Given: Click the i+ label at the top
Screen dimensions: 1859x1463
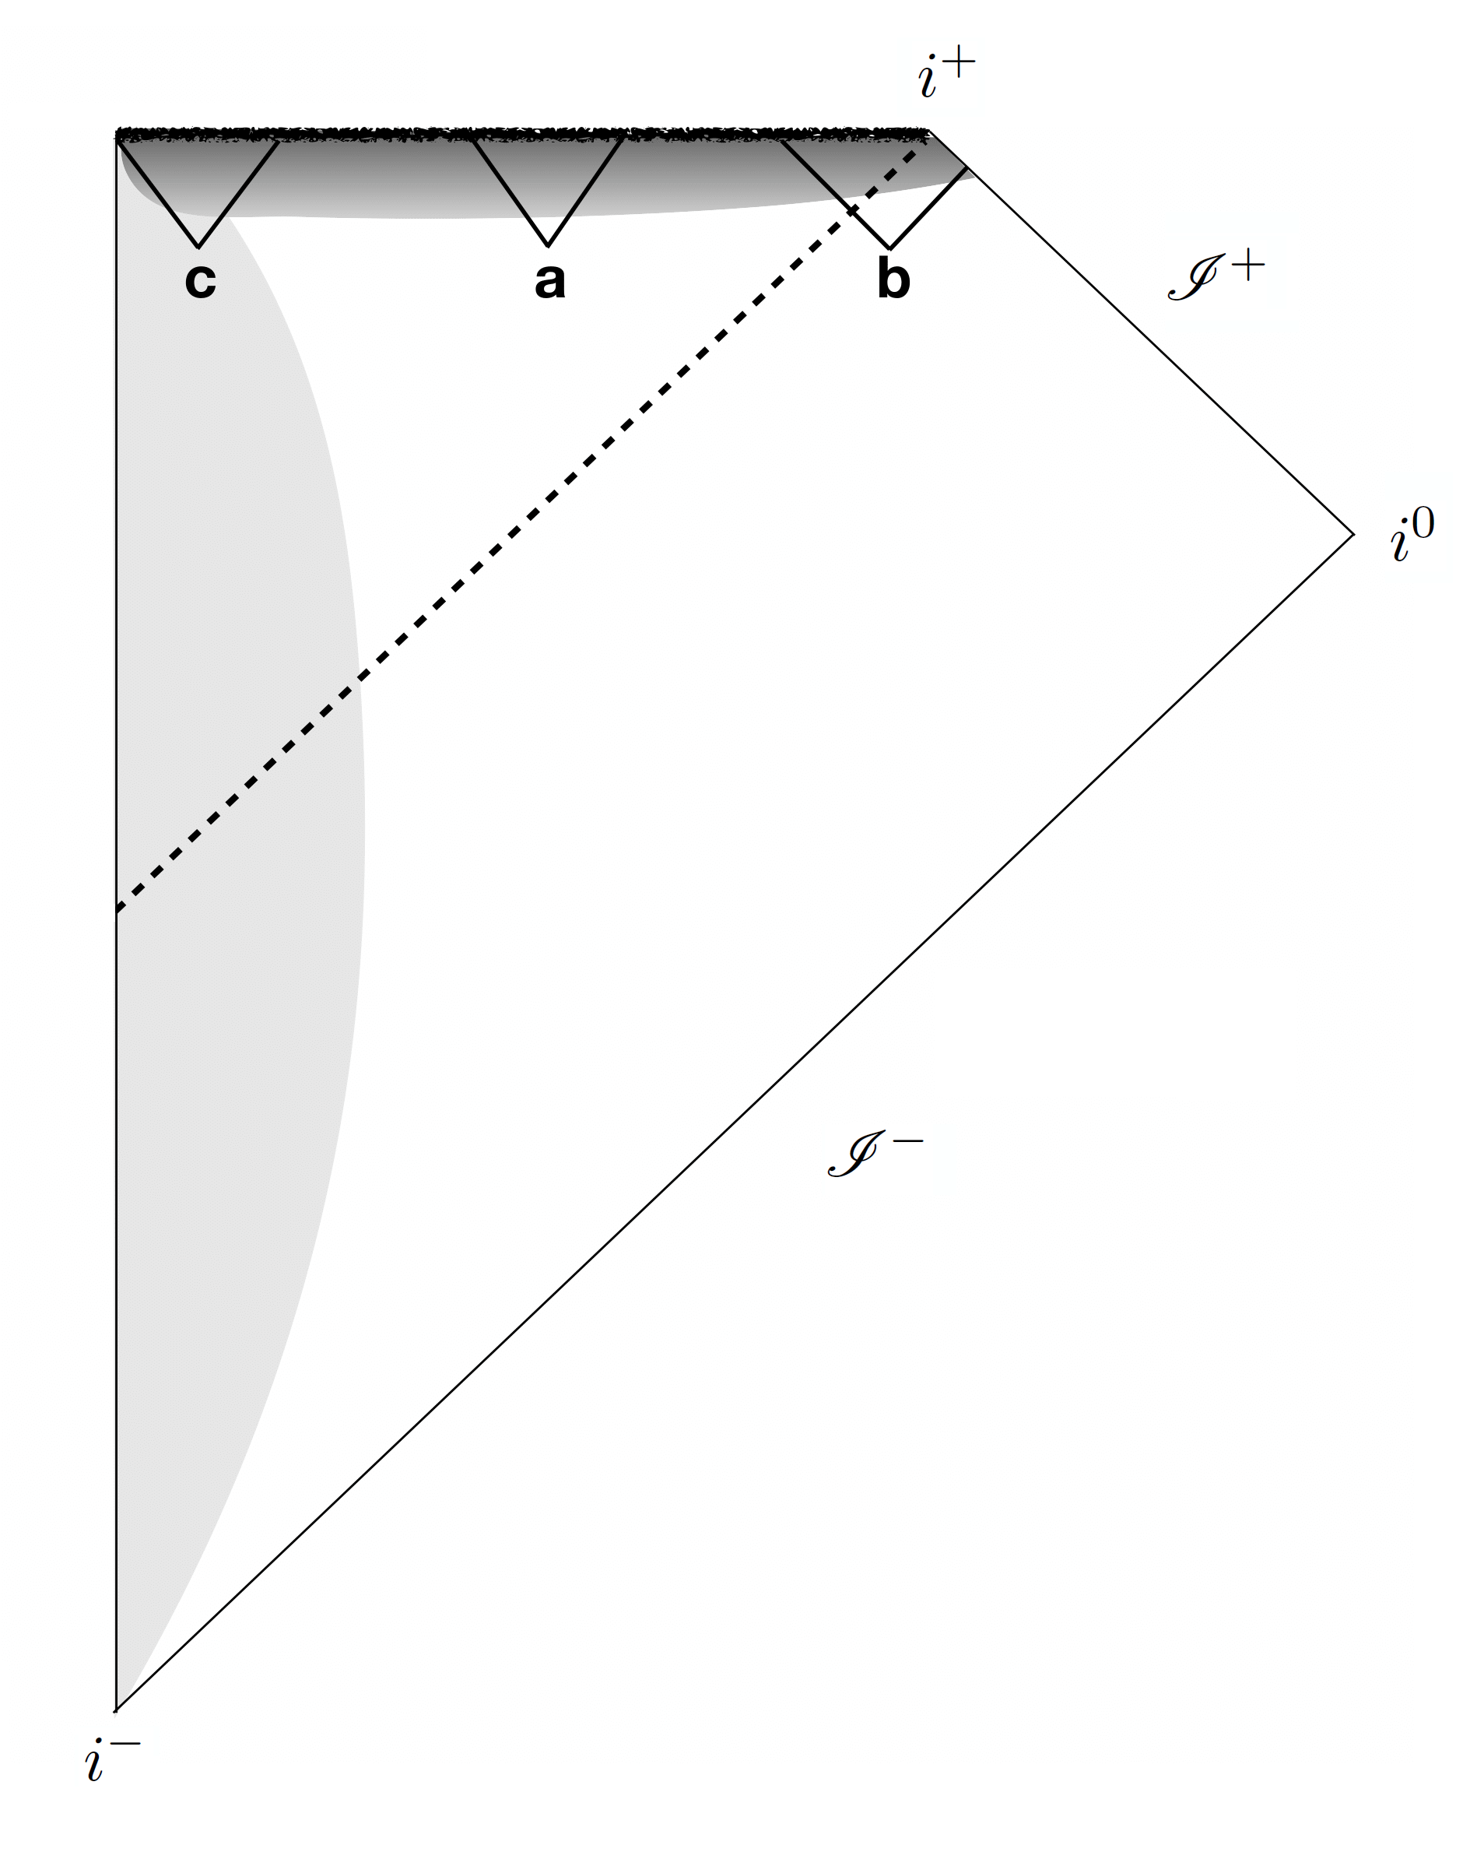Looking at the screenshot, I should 946,76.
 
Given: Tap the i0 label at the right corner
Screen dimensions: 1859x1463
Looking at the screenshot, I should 1411,535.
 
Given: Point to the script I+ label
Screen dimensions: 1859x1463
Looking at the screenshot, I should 1215,275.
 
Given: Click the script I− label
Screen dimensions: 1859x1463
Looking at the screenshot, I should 874,1154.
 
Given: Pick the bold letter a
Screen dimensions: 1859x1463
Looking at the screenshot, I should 550,280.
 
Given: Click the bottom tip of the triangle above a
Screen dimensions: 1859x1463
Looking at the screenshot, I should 548,245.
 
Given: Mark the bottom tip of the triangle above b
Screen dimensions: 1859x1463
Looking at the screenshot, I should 891,248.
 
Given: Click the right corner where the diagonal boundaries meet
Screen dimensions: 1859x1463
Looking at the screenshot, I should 1353,535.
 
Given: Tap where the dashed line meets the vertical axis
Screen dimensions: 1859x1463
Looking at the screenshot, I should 117,911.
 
